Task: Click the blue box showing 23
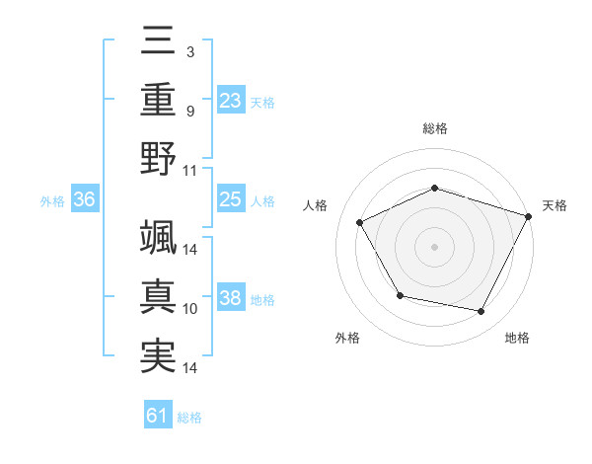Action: pyautogui.click(x=230, y=100)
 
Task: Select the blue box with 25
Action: pyautogui.click(x=230, y=199)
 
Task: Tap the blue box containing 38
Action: pyautogui.click(x=230, y=298)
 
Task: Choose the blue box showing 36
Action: pyautogui.click(x=85, y=199)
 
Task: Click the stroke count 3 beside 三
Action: pyautogui.click(x=189, y=50)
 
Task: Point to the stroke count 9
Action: pyautogui.click(x=189, y=111)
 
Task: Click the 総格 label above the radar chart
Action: pyautogui.click(x=434, y=128)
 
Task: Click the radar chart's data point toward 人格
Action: pyautogui.click(x=360, y=222)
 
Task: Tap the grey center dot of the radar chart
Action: pyautogui.click(x=434, y=246)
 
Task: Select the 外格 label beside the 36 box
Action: pyautogui.click(x=52, y=200)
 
